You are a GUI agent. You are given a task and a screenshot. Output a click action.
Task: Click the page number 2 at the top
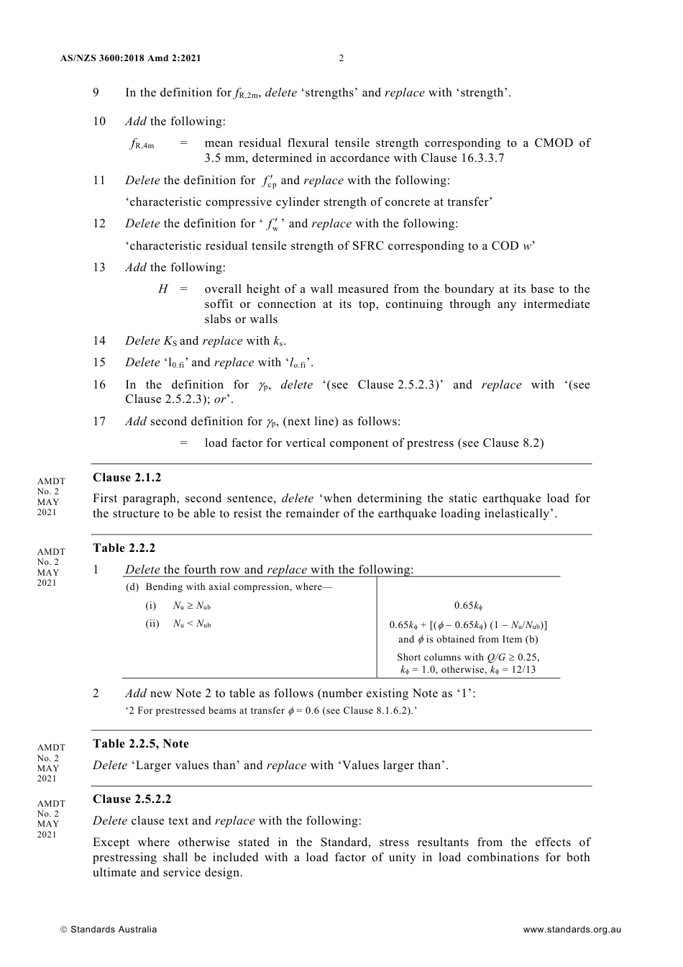(x=341, y=58)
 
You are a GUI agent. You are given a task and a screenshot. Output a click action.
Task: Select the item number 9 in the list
(x=96, y=93)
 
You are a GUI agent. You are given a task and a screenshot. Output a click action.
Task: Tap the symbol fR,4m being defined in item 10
(x=142, y=144)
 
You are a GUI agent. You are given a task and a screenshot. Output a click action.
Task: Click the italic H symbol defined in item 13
(x=163, y=289)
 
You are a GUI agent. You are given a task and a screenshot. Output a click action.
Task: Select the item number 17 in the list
(x=99, y=422)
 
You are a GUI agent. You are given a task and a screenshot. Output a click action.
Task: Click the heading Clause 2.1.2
(x=127, y=478)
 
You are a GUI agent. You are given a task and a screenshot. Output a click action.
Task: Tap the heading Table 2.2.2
(x=124, y=548)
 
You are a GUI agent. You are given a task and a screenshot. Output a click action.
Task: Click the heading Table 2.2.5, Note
(x=141, y=744)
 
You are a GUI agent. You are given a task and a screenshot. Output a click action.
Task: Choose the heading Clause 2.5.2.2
(x=132, y=799)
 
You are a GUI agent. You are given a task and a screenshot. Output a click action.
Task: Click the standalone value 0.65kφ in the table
(x=468, y=606)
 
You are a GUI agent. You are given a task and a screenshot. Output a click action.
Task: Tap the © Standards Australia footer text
(x=109, y=930)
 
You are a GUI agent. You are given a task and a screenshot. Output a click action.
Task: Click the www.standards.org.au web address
(x=572, y=930)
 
